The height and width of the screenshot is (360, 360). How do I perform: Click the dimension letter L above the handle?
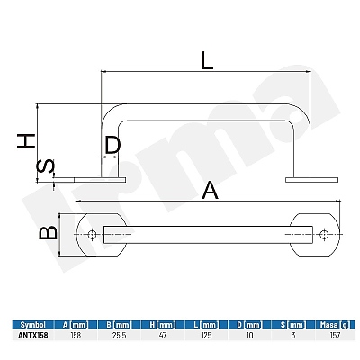point(207,61)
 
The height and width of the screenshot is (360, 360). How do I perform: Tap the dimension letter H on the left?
point(26,141)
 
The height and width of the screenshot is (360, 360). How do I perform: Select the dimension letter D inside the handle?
point(112,145)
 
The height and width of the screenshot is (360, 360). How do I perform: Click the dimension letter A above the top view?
point(210,191)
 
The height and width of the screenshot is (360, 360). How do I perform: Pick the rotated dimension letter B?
point(49,233)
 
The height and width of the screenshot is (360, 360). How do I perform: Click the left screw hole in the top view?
point(93,235)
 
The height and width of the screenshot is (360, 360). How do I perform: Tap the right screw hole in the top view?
point(324,235)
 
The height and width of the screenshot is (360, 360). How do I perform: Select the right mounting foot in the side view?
point(312,180)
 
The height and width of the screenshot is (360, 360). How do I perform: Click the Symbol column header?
point(33,325)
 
